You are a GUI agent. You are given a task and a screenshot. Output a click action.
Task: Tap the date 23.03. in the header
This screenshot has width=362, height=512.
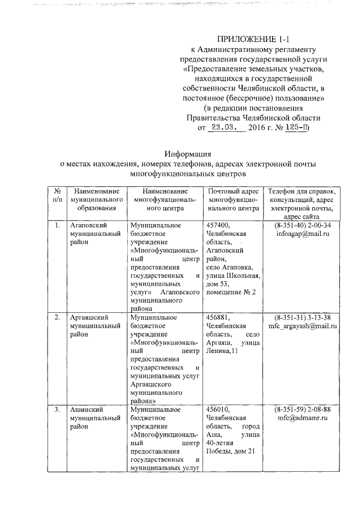(224, 128)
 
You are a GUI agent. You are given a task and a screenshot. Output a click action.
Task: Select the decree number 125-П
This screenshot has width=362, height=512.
(296, 128)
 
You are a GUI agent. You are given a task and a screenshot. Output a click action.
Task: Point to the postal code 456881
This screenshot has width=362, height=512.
(218, 317)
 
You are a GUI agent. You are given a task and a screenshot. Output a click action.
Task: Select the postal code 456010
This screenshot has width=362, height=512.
(218, 408)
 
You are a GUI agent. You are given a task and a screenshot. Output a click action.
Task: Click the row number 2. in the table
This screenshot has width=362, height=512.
(57, 317)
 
